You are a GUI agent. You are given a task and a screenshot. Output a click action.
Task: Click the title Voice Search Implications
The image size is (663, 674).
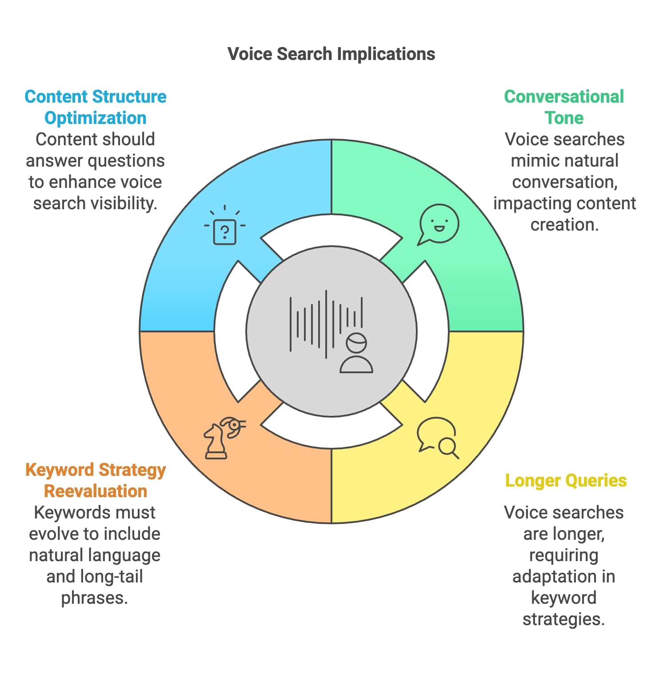tap(331, 54)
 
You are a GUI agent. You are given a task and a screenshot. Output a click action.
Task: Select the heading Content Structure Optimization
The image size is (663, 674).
tap(95, 107)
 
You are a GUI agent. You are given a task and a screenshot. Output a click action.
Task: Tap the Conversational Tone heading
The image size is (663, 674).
tap(563, 107)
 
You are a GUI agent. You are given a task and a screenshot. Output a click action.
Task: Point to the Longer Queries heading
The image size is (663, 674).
tap(566, 480)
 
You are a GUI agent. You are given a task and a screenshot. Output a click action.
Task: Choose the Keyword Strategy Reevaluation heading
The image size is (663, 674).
tap(95, 480)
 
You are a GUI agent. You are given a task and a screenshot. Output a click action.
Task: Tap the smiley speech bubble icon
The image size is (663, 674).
tap(439, 224)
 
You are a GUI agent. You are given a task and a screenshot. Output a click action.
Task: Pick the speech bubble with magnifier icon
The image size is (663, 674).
tap(438, 437)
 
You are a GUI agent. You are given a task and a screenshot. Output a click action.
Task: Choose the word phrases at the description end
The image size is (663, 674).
tap(94, 598)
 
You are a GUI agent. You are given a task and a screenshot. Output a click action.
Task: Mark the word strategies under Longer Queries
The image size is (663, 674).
tap(563, 619)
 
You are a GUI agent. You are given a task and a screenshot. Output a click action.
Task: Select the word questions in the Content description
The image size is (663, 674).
tap(132, 161)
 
